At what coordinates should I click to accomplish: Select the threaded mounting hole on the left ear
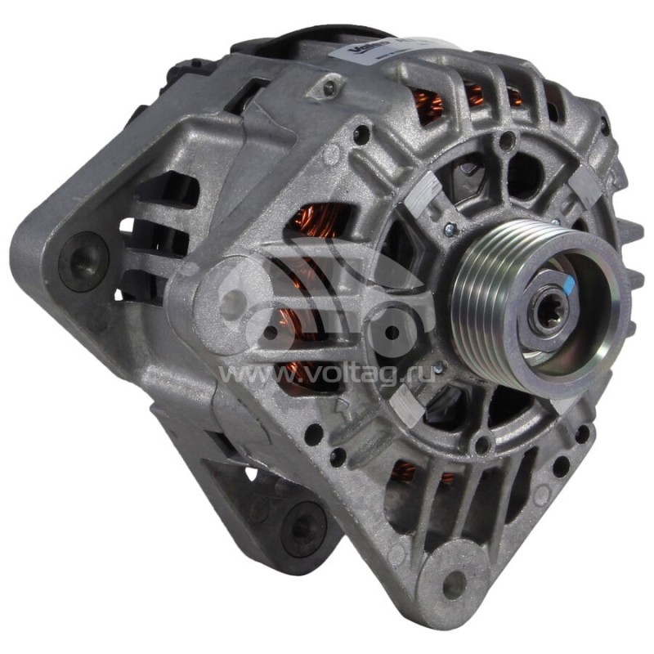[83, 261]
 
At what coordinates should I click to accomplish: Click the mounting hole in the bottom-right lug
[453, 581]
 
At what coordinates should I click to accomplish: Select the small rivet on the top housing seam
[329, 86]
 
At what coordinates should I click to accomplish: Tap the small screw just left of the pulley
[448, 231]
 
